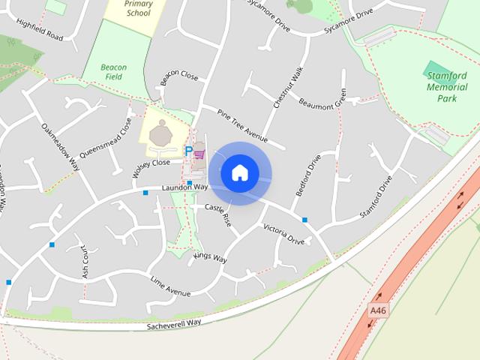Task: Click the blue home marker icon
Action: click(239, 173)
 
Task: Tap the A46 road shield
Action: click(379, 309)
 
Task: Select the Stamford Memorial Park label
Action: click(447, 87)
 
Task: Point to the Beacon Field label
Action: click(115, 72)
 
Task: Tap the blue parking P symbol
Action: click(188, 151)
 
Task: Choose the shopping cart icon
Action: click(199, 154)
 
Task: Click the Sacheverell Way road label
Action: click(174, 322)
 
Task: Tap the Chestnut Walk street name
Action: click(289, 88)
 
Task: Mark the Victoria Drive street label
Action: click(283, 235)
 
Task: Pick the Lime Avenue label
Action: click(170, 286)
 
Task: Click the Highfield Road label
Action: click(45, 31)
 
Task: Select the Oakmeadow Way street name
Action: click(61, 147)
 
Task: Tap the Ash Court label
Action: click(85, 262)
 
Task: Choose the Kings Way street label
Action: click(209, 257)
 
